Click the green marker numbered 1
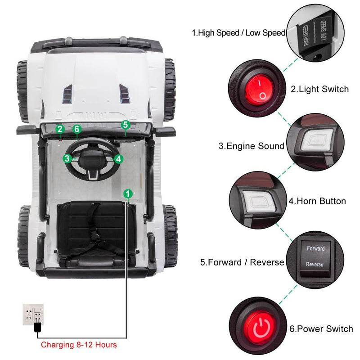128,193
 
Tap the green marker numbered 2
60,129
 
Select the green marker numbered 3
67,158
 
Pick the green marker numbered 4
118,158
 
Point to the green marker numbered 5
125,124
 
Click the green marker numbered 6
77,129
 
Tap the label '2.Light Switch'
319,89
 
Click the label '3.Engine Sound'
252,146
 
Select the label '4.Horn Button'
317,201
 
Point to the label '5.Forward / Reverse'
242,262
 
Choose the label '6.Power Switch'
321,329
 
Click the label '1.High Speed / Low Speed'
238,32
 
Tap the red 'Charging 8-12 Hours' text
79,345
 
